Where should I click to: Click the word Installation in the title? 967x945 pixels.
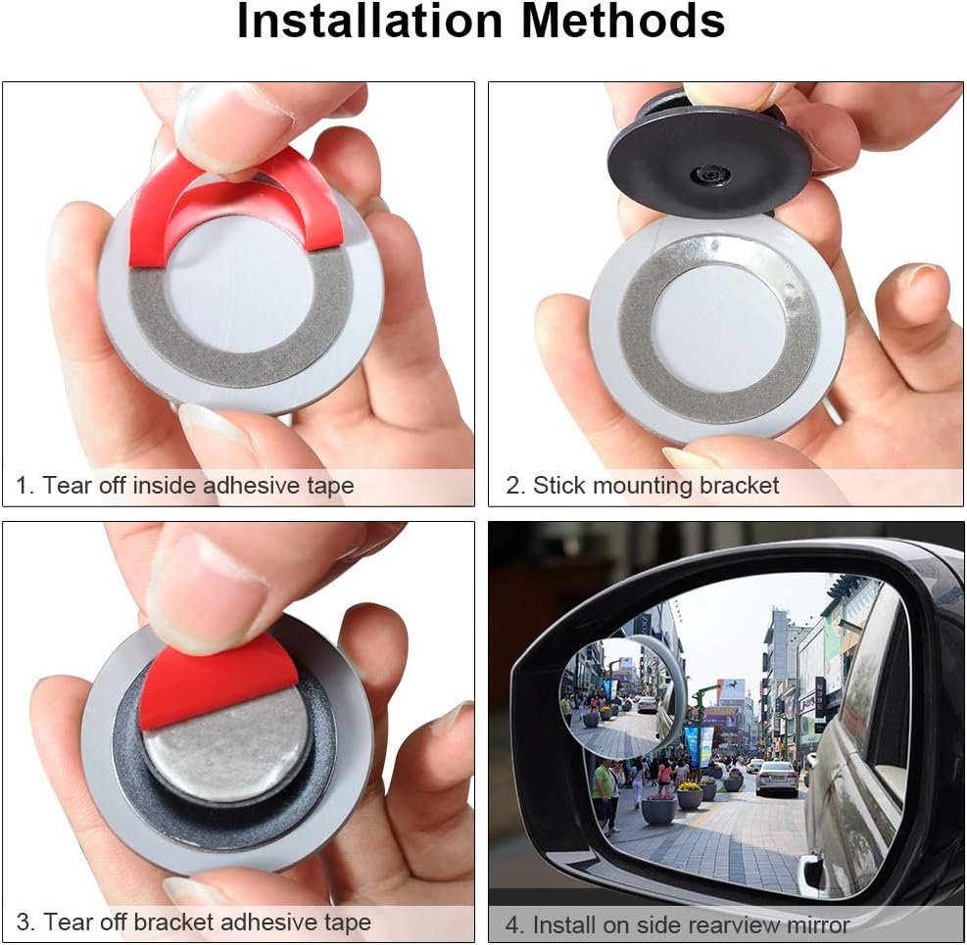point(370,21)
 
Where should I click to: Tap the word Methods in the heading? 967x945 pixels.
point(623,21)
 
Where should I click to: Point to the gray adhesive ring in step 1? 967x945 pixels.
point(240,346)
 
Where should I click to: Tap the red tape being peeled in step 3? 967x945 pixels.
point(218,682)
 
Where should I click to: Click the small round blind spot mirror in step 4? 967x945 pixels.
point(623,696)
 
